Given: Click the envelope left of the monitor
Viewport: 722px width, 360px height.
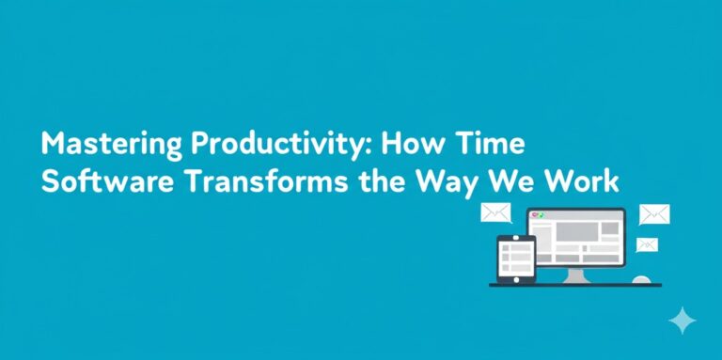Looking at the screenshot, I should tap(494, 212).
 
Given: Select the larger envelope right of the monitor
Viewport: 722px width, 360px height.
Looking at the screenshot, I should tap(654, 214).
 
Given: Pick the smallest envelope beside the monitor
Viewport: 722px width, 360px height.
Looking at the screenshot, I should tap(647, 244).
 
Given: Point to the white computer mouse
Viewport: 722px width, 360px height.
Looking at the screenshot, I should tap(641, 279).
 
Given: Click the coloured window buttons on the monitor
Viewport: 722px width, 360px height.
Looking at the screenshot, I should tap(539, 216).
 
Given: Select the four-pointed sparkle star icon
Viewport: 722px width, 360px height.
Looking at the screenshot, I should tap(682, 321).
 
